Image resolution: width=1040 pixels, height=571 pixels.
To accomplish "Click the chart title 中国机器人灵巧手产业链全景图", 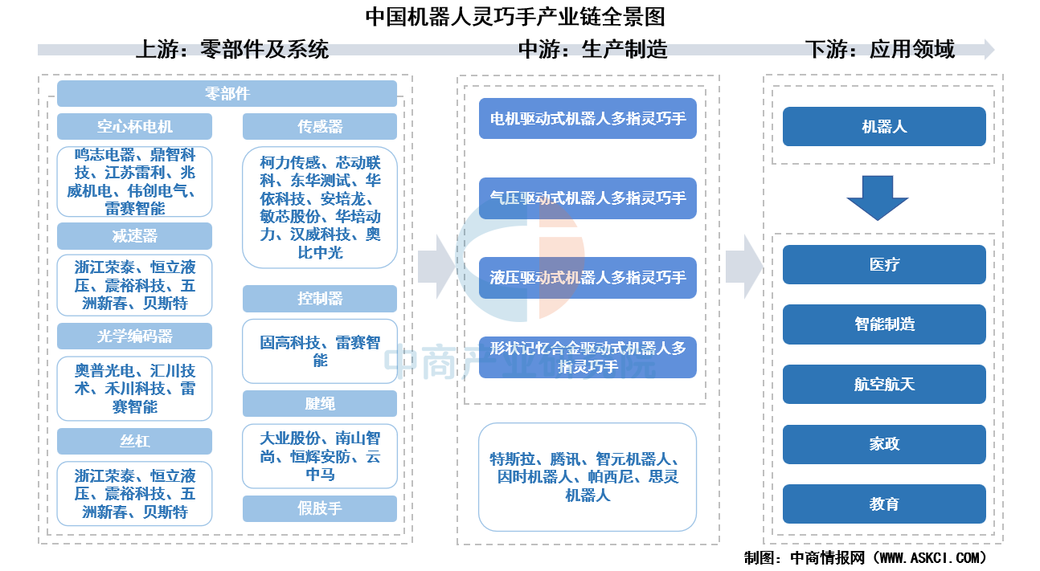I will click(x=515, y=17).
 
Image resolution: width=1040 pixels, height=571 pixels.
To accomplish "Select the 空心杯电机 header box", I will click(x=134, y=127).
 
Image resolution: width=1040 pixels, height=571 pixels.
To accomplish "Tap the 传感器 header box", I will click(x=320, y=127).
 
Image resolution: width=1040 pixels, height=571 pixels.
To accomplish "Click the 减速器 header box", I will click(x=134, y=236).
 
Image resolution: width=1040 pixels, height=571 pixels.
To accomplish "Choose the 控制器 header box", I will click(x=320, y=299).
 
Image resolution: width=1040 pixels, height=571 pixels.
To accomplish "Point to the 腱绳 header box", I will click(x=320, y=404).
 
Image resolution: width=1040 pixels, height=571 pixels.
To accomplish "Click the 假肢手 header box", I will click(x=320, y=508).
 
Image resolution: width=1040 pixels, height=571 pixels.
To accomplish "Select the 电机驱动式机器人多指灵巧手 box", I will click(x=588, y=118).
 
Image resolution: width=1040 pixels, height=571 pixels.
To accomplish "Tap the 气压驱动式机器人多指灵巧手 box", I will click(x=588, y=198).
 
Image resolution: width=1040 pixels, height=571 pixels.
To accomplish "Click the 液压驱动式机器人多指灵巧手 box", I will click(x=588, y=277).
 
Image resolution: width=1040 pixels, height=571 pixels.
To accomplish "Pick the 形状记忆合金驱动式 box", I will click(x=588, y=357).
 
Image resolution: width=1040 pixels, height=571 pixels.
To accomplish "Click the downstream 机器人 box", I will click(x=884, y=127).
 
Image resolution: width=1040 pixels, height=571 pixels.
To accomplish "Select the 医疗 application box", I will click(x=884, y=264).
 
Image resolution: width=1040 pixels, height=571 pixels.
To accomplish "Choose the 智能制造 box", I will click(x=884, y=324).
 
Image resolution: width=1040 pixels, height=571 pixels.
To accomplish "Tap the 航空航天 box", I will click(x=884, y=384).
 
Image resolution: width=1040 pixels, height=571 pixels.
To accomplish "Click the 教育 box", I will click(x=884, y=504).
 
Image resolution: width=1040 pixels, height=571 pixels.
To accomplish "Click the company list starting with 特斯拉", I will click(x=588, y=477).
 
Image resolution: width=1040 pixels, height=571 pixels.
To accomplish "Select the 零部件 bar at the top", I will click(x=227, y=94).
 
